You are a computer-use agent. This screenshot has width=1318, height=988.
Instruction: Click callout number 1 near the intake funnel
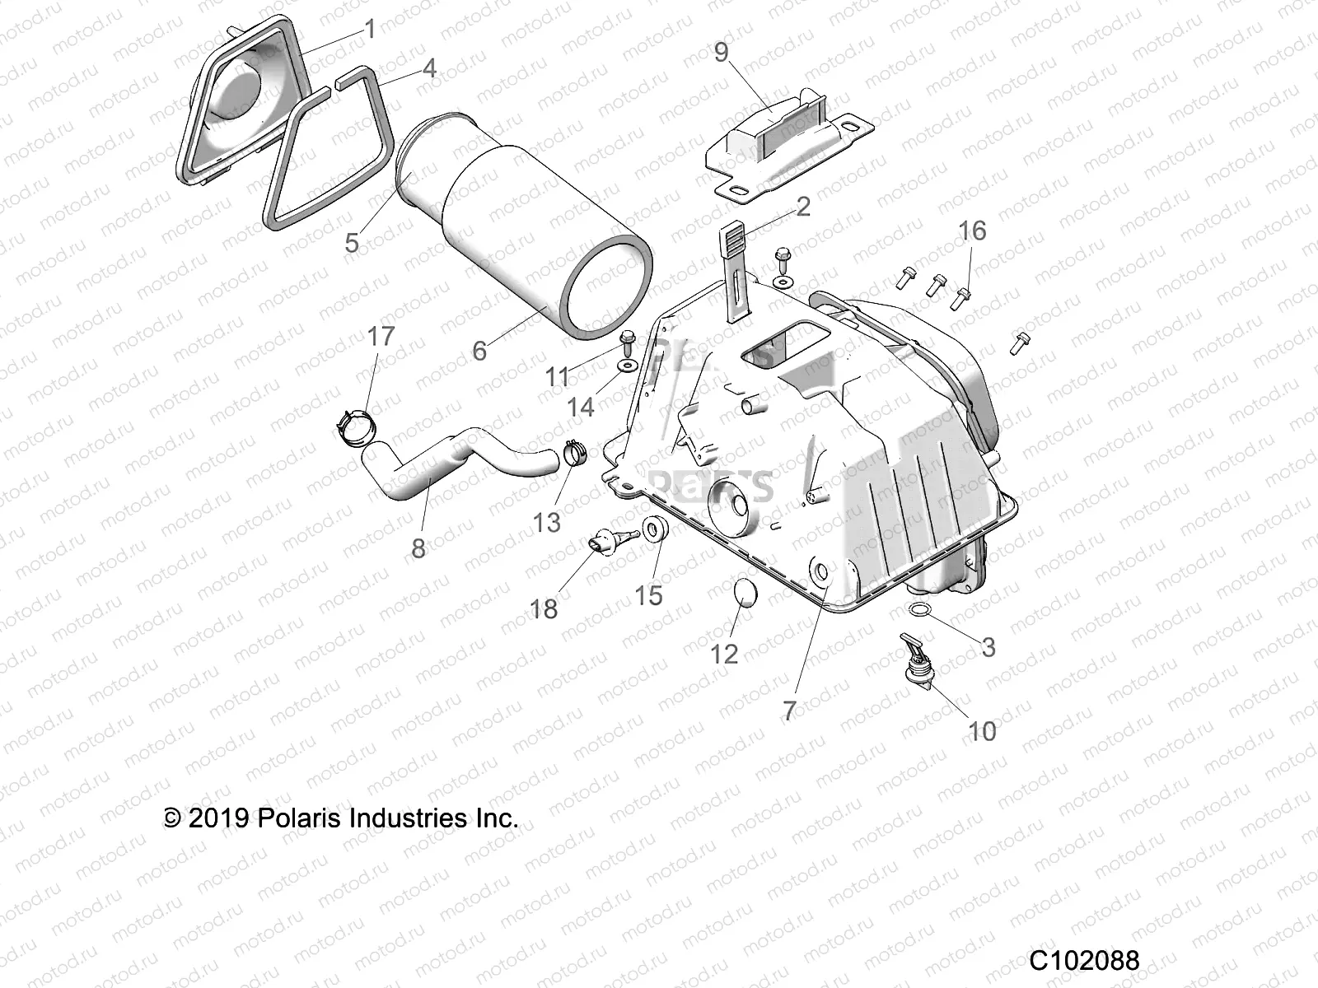tap(370, 30)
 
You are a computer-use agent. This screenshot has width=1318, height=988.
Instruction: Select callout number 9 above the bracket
tap(721, 53)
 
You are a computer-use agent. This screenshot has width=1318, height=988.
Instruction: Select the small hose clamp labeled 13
tap(575, 453)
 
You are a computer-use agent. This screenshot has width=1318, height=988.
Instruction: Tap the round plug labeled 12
tap(744, 592)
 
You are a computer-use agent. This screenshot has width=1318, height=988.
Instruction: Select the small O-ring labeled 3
tap(921, 608)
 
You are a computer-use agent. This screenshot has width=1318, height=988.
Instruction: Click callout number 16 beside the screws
tap(972, 231)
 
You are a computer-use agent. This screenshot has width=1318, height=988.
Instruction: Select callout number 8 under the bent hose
tap(418, 548)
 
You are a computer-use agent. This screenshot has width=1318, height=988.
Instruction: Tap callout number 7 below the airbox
tap(789, 711)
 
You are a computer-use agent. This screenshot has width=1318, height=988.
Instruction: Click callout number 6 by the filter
tap(479, 351)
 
